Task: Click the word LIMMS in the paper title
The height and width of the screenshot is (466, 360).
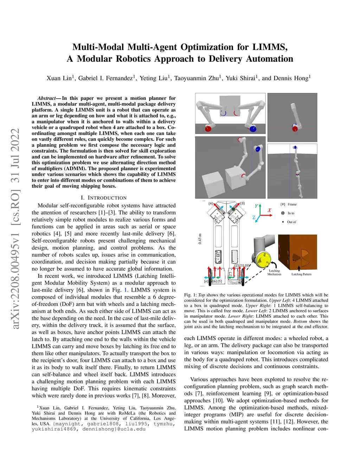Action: [270, 47]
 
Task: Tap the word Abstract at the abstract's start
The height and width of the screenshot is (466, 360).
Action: [46, 98]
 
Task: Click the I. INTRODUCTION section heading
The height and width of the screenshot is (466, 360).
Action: [104, 198]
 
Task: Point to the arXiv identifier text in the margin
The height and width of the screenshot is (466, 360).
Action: [16, 229]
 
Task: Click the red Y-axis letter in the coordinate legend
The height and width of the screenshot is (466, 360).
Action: [256, 206]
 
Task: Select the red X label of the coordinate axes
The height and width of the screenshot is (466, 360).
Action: [270, 210]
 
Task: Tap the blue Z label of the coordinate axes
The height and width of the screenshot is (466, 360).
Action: [254, 218]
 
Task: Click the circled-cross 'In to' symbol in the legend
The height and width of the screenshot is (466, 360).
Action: [283, 213]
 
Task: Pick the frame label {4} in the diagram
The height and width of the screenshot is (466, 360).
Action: [211, 204]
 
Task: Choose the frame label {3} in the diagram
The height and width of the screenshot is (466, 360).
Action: [242, 204]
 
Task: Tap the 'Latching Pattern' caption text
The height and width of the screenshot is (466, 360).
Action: [301, 274]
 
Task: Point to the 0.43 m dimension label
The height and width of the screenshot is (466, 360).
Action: [200, 239]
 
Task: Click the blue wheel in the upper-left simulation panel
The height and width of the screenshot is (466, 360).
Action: [253, 129]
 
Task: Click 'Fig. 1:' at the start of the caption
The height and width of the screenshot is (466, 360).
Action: [190, 295]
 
